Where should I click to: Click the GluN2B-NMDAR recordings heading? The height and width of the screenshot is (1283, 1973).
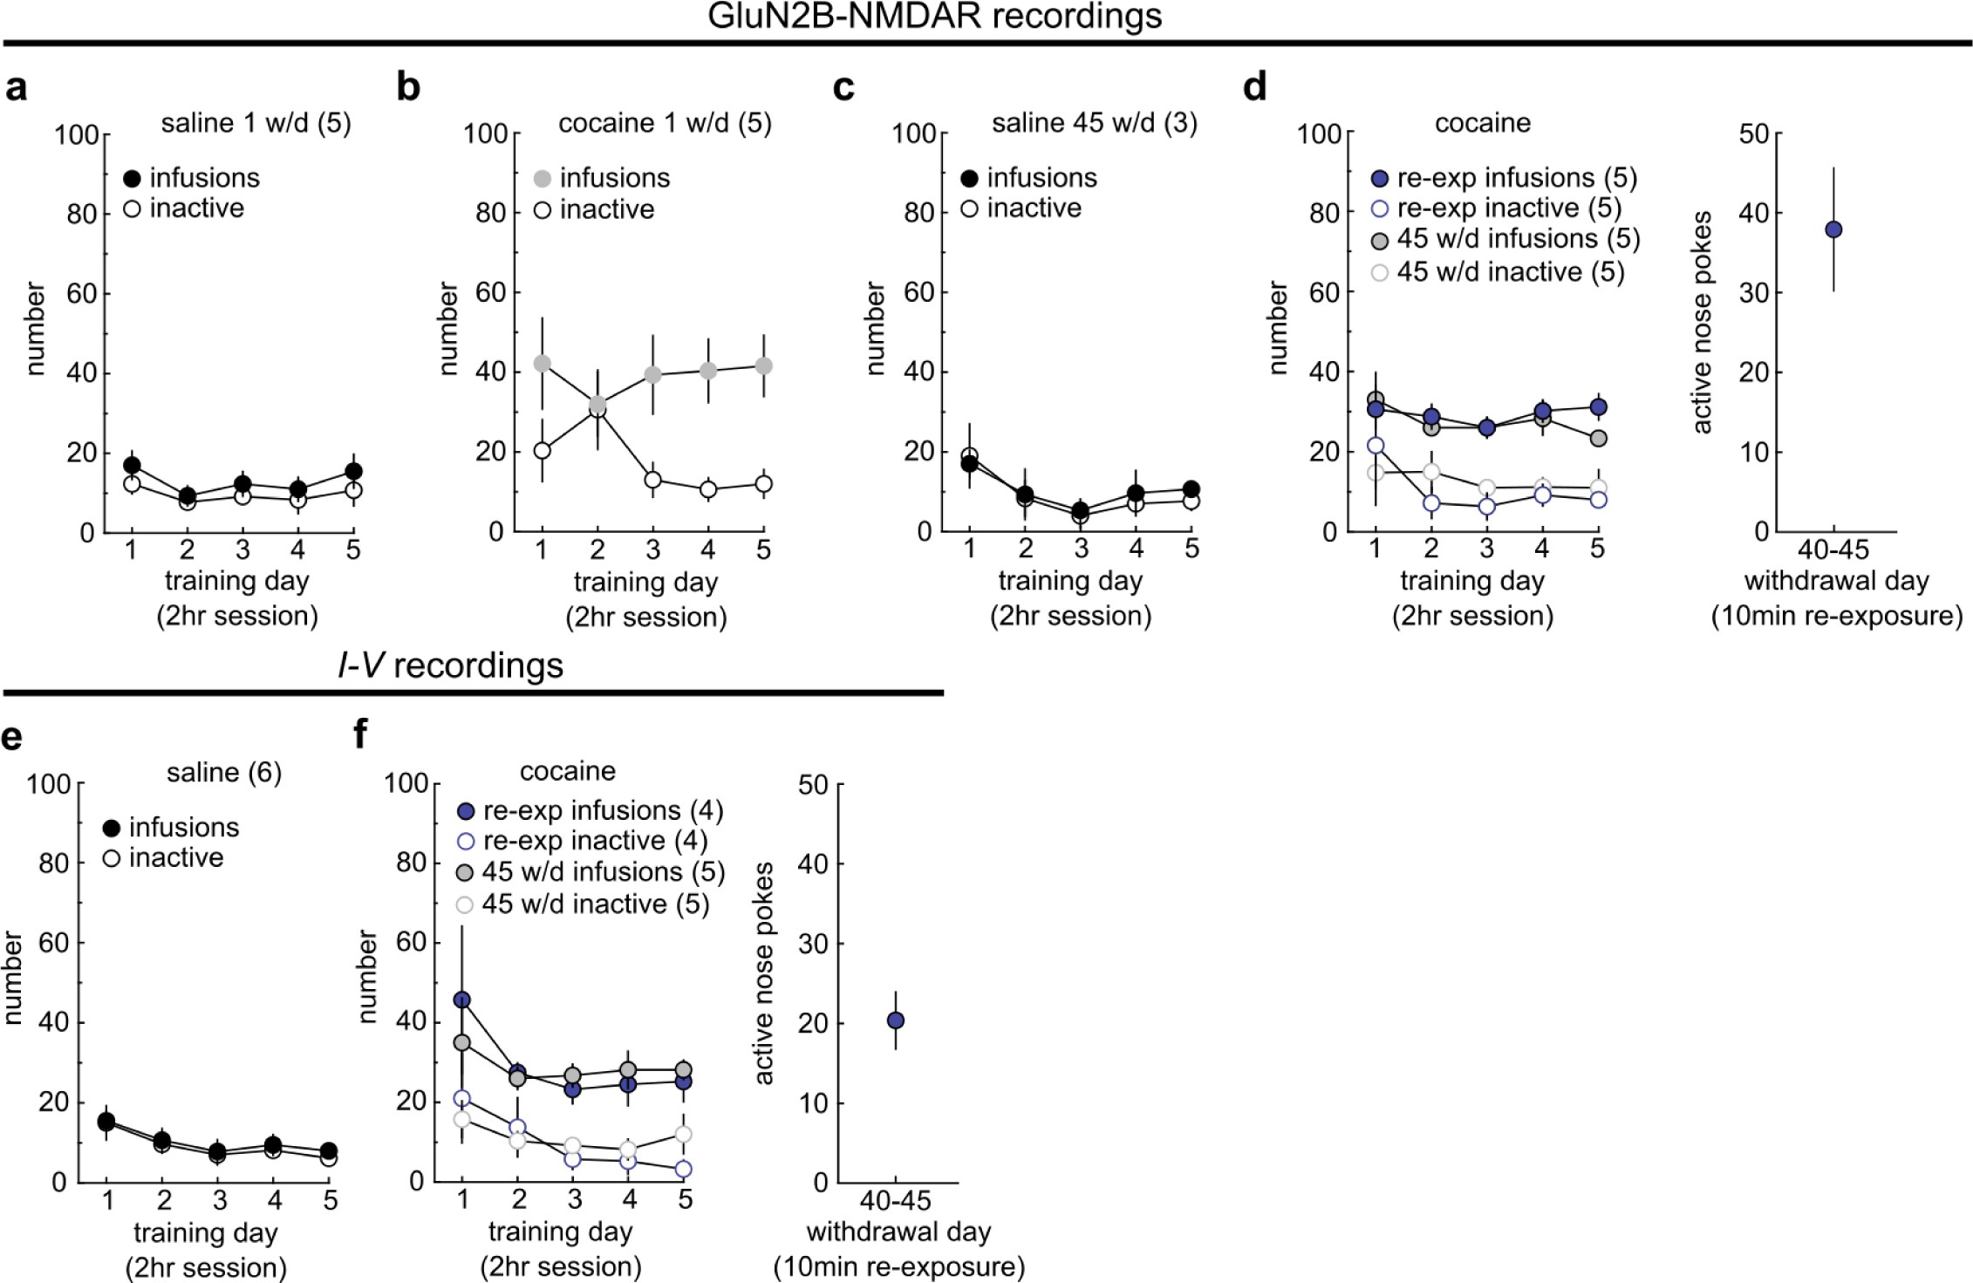pyautogui.click(x=934, y=16)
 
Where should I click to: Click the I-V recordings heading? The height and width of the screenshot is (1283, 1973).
pyautogui.click(x=450, y=665)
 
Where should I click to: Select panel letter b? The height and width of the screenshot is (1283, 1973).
pyautogui.click(x=408, y=87)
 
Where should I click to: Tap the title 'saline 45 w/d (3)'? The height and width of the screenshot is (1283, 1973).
pyautogui.click(x=1094, y=123)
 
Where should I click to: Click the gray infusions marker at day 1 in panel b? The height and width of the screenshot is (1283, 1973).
pyautogui.click(x=543, y=363)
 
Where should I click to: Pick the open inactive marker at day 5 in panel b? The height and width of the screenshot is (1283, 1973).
pyautogui.click(x=763, y=483)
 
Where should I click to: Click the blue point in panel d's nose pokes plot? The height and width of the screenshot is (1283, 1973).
pyautogui.click(x=1833, y=229)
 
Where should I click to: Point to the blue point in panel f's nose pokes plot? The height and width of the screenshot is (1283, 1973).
pyautogui.click(x=895, y=1020)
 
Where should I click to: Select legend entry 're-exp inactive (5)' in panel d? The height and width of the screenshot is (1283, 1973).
pyautogui.click(x=1508, y=208)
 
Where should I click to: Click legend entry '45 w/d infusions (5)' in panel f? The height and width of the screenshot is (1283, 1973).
pyautogui.click(x=603, y=872)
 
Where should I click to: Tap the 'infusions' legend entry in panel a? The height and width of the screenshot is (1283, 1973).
pyautogui.click(x=204, y=178)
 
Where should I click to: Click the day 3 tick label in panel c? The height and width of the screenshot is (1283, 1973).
pyautogui.click(x=1081, y=549)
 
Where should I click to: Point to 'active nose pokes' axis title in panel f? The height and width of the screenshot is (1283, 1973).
pyautogui.click(x=764, y=973)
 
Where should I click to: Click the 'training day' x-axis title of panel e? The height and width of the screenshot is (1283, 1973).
pyautogui.click(x=206, y=1232)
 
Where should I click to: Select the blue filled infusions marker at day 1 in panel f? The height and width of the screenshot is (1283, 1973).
pyautogui.click(x=462, y=1000)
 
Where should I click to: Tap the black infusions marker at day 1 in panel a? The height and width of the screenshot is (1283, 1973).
pyautogui.click(x=132, y=465)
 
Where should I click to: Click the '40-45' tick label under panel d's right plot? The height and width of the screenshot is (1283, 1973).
pyautogui.click(x=1833, y=549)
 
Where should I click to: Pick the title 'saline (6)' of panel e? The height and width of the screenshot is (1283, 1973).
pyautogui.click(x=224, y=773)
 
